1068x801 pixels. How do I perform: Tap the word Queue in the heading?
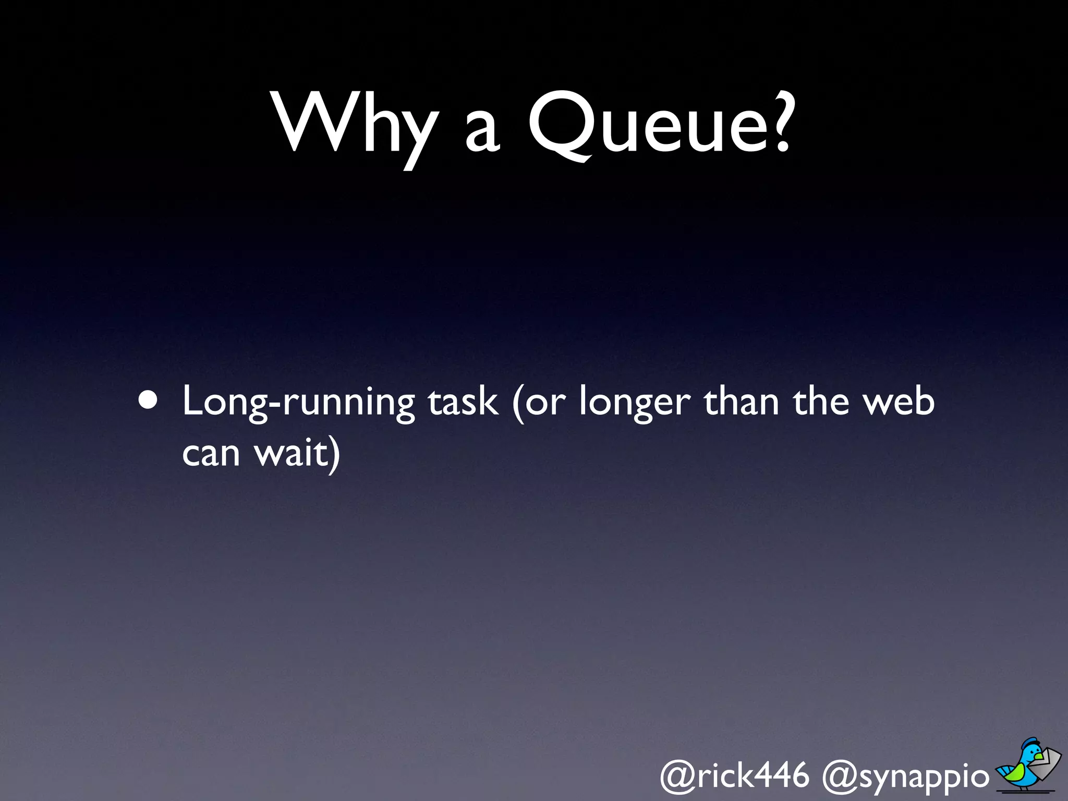[641, 125]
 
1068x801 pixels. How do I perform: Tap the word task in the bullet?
[463, 402]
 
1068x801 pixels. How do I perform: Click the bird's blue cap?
[1030, 743]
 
